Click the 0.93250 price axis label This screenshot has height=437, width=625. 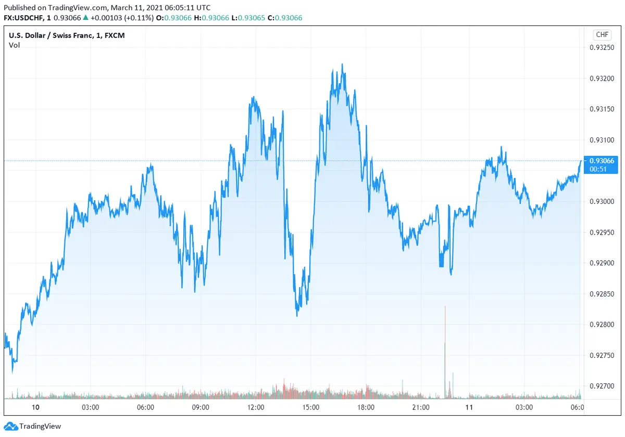[x=602, y=48]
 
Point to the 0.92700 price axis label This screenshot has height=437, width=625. [x=602, y=386]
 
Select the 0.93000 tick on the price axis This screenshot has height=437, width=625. [x=602, y=201]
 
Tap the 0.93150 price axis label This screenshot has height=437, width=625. [x=602, y=109]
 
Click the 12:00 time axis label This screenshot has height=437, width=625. [x=256, y=407]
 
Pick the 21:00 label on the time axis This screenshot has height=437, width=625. [x=421, y=407]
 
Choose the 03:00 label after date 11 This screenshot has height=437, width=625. [x=524, y=407]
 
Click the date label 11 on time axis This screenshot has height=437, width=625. [x=469, y=407]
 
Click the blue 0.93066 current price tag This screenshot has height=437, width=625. [x=601, y=161]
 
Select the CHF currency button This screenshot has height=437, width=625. [x=602, y=35]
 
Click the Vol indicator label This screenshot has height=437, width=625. [x=15, y=45]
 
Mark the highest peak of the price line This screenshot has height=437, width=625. [x=342, y=65]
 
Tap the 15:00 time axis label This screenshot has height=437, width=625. [x=311, y=407]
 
